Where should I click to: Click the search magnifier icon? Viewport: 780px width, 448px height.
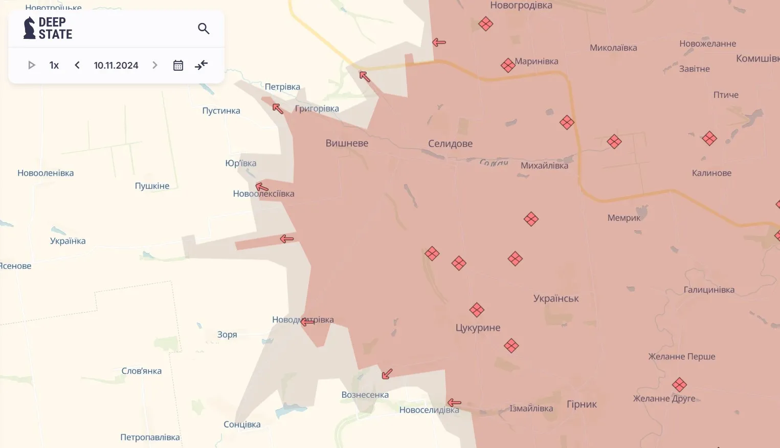point(204,29)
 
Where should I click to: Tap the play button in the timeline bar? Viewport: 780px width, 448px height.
point(31,65)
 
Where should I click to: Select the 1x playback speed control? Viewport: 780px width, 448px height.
point(54,65)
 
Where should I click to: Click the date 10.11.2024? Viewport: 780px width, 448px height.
point(116,65)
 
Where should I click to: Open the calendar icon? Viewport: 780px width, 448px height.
point(178,65)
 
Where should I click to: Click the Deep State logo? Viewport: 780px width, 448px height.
point(48,28)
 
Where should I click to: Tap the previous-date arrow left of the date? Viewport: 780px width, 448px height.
point(77,65)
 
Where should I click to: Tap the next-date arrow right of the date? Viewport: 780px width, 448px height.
point(155,65)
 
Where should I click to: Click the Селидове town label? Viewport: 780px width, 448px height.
point(450,144)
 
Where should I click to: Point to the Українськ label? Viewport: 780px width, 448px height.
point(556,298)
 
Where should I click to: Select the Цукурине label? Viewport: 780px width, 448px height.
point(478,328)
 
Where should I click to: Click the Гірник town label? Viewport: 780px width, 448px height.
point(582,404)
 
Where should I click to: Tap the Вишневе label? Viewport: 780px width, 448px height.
point(347,143)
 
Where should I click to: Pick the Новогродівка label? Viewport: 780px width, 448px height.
point(521,6)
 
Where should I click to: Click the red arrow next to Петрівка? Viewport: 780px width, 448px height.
point(278,108)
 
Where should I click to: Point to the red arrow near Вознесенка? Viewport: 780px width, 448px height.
point(387,374)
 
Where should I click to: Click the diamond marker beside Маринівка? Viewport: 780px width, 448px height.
point(508,65)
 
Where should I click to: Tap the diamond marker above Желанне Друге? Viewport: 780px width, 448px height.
point(679,385)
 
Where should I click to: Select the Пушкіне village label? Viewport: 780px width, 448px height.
point(152,186)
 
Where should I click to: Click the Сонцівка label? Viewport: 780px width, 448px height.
point(242,424)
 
